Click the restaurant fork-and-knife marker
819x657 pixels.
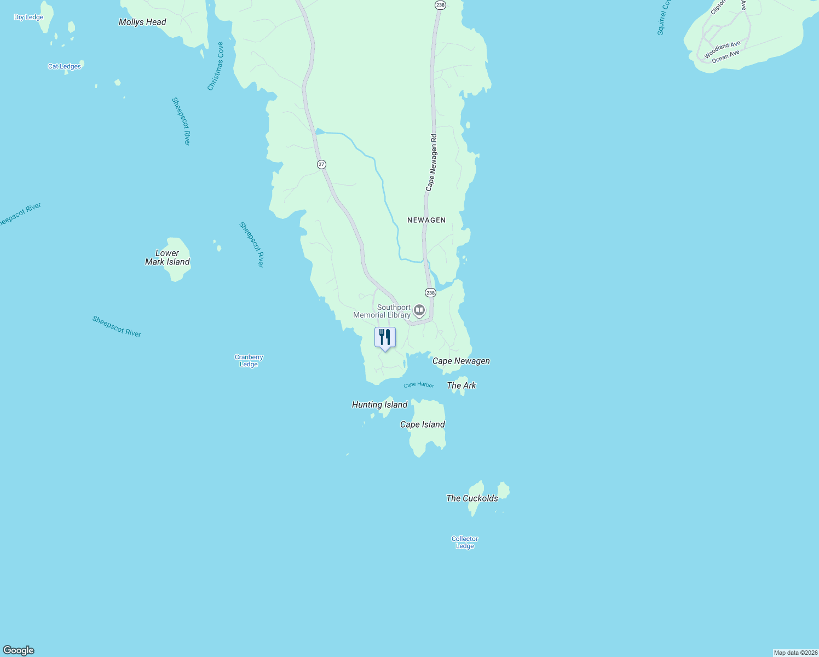385,337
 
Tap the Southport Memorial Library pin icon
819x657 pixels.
419,311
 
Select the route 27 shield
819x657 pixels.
321,164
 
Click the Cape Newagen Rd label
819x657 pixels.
432,163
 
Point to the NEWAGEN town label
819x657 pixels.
426,220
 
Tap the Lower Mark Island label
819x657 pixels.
168,257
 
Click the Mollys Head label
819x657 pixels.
142,22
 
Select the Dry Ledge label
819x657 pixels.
28,17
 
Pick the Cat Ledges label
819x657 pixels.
65,66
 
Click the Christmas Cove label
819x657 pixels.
216,66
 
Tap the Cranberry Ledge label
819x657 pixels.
249,361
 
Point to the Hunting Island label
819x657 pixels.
379,405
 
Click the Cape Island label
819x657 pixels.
423,424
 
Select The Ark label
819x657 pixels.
462,385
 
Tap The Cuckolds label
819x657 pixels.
472,498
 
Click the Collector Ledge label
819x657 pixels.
465,542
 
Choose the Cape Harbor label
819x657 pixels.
419,385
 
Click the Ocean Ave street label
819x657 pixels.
726,56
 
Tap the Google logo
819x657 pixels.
19,650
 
